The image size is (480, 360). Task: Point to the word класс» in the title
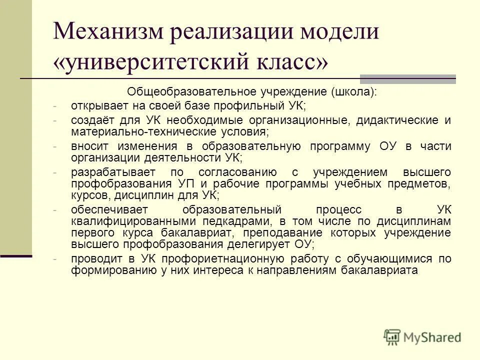coord(300,63)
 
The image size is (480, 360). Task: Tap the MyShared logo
coord(422,337)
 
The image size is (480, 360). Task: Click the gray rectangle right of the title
coord(408,78)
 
